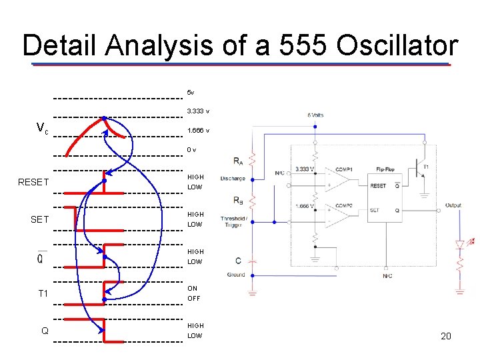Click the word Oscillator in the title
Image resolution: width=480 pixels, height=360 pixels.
click(x=397, y=46)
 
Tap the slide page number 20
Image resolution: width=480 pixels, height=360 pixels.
click(x=446, y=336)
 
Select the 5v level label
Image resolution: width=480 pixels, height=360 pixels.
click(x=191, y=92)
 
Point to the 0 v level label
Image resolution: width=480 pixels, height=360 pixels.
click(x=192, y=149)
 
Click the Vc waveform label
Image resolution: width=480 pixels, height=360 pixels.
click(x=42, y=128)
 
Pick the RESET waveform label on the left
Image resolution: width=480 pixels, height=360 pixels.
click(x=33, y=182)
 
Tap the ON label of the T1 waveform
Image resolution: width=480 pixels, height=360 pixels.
click(x=193, y=289)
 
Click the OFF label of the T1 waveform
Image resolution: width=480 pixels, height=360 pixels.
click(x=194, y=298)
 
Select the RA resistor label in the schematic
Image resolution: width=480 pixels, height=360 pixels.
click(x=238, y=161)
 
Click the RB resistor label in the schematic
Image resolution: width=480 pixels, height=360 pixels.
click(x=238, y=200)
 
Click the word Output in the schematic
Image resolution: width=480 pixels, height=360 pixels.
click(x=453, y=205)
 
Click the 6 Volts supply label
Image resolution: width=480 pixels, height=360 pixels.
click(x=315, y=115)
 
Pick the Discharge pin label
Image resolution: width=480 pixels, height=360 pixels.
click(x=233, y=179)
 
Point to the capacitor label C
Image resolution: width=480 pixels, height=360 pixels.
click(x=238, y=261)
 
